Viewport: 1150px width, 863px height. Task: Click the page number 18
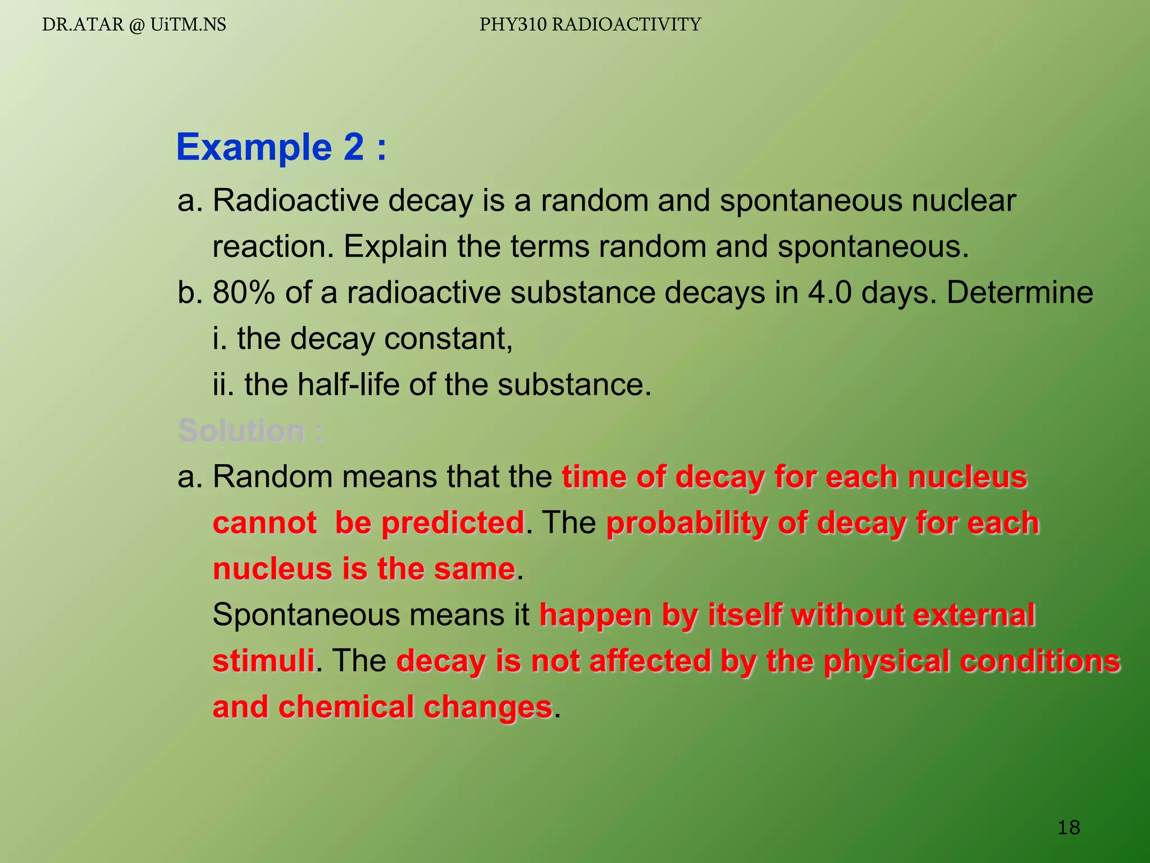click(1069, 827)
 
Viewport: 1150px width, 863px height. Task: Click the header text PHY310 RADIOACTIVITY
click(590, 25)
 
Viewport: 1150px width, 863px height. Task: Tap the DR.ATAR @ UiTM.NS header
click(134, 25)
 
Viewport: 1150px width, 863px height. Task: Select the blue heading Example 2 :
click(281, 147)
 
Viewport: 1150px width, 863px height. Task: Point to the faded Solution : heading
click(250, 431)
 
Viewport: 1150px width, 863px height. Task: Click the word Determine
click(1020, 293)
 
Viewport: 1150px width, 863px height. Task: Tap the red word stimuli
click(263, 661)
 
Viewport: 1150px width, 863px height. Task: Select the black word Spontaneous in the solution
click(305, 615)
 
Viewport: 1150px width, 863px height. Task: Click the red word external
click(974, 615)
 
